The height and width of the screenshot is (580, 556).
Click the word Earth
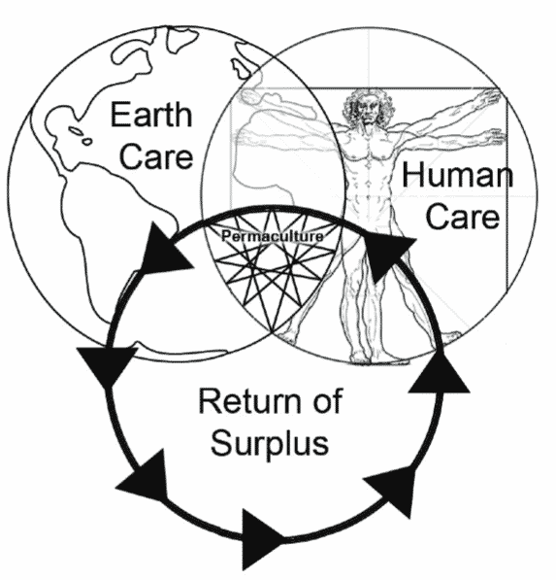[x=151, y=115]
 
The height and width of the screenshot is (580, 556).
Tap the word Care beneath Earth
[x=156, y=156]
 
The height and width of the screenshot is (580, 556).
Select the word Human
[x=457, y=175]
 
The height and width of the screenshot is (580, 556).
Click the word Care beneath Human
[x=463, y=216]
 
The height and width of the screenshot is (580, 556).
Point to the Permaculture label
[x=273, y=236]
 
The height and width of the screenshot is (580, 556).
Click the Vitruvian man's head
[x=366, y=107]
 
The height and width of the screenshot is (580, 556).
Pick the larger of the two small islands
[x=76, y=130]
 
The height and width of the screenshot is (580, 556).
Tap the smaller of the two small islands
[x=87, y=141]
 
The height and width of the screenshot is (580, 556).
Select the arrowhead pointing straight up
[x=440, y=374]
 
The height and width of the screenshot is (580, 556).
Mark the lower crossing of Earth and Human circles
[x=273, y=332]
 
